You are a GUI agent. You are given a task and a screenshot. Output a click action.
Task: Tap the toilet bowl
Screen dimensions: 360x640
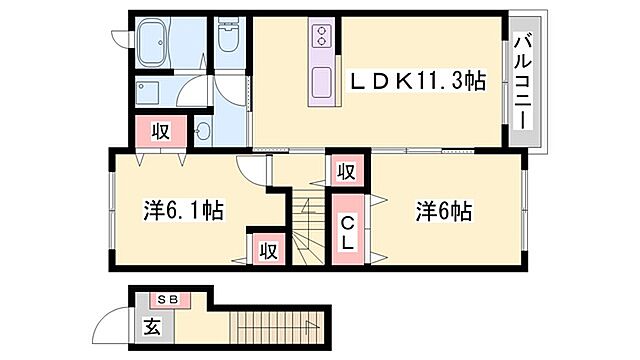tap(228, 39)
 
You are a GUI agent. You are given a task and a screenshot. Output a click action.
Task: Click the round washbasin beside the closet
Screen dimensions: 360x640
tap(203, 130)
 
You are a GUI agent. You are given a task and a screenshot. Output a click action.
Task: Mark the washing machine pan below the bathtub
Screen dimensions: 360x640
tap(154, 93)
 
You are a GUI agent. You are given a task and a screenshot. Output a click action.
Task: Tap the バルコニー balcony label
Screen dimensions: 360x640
tap(523, 81)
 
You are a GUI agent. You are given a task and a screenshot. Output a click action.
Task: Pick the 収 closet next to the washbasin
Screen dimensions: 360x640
tap(159, 129)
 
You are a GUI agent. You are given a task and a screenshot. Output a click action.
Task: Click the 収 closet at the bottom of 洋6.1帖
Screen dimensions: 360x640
tap(268, 248)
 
